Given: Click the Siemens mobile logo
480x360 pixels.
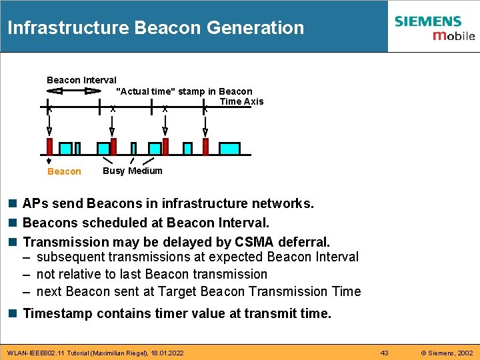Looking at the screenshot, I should pyautogui.click(x=434, y=27).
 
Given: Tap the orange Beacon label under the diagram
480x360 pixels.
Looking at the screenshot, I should pyautogui.click(x=64, y=171).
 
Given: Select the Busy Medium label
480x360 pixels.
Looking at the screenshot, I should pyautogui.click(x=132, y=171).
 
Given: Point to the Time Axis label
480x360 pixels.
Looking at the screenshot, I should pyautogui.click(x=241, y=101).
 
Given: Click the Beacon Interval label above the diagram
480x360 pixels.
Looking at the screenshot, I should pyautogui.click(x=81, y=80).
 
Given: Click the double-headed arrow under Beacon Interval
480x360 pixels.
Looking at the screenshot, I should pyautogui.click(x=75, y=91).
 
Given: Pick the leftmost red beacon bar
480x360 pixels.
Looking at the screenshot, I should pyautogui.click(x=49, y=147).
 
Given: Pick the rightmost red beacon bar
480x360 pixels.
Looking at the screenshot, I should pyautogui.click(x=205, y=147).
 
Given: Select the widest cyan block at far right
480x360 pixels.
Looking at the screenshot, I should pyautogui.click(x=229, y=148).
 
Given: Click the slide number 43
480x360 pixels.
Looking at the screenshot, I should pyautogui.click(x=384, y=353).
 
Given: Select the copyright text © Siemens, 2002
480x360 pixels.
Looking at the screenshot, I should pyautogui.click(x=445, y=353).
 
